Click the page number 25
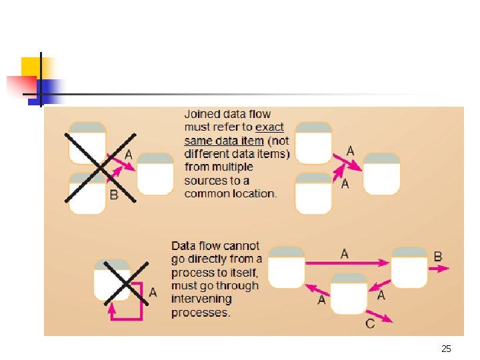click(x=446, y=349)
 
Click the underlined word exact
click(x=269, y=127)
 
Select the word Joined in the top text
click(x=201, y=114)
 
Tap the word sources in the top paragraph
click(x=204, y=180)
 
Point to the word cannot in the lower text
click(x=243, y=245)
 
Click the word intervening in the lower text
click(x=201, y=299)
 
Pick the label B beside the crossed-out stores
click(x=113, y=195)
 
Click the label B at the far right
click(x=437, y=256)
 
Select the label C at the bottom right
click(x=370, y=323)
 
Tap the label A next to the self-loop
click(x=153, y=292)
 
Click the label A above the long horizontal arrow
click(x=344, y=253)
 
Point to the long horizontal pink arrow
click(x=347, y=264)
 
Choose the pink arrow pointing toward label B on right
click(x=438, y=269)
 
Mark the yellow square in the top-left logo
click(x=31, y=67)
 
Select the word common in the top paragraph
click(x=205, y=193)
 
